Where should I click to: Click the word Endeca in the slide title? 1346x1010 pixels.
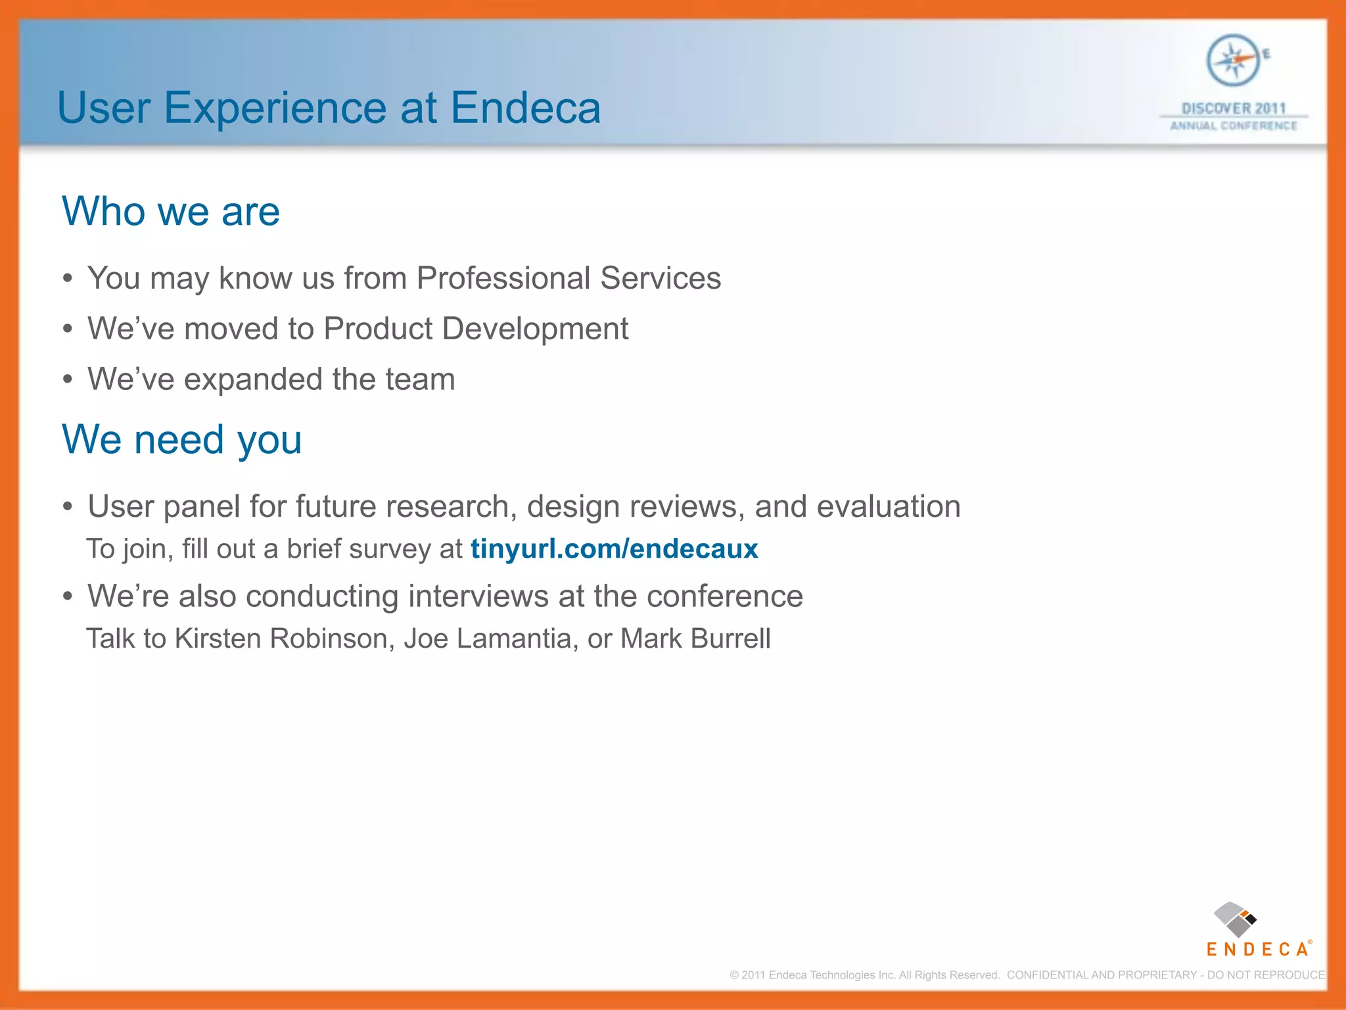pos(526,108)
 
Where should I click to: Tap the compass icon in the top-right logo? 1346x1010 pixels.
pos(1233,60)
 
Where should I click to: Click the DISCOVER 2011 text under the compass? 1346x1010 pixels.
pos(1233,108)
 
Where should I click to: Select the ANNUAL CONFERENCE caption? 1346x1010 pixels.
pos(1233,126)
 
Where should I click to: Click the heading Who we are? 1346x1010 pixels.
pos(171,212)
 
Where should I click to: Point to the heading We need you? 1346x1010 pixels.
pos(181,439)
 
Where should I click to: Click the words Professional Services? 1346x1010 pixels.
pos(569,277)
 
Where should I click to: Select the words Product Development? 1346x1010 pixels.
pos(476,328)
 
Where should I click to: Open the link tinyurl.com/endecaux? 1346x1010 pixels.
pos(614,548)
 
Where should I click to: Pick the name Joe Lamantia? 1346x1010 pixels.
pos(487,638)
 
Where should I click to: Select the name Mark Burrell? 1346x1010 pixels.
pos(695,638)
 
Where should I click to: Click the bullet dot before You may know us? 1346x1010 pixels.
pos(68,279)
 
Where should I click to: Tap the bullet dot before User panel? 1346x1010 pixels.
pos(68,507)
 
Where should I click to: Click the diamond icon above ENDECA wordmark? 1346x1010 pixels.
pos(1234,919)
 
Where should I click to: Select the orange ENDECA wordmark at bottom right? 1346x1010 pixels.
pos(1257,949)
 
